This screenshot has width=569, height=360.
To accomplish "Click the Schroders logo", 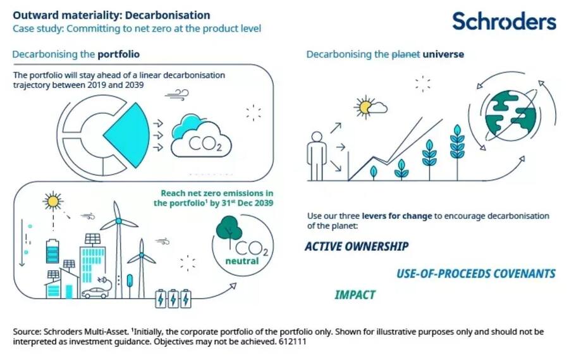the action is click(504, 21).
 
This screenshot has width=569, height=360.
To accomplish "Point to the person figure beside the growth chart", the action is click(317, 156).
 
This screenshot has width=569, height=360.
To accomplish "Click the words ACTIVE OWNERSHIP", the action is click(357, 246).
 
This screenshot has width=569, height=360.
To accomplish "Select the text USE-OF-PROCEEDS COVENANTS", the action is click(475, 273).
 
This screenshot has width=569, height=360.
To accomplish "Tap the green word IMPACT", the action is click(355, 295).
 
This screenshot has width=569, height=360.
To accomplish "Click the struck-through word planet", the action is click(406, 54).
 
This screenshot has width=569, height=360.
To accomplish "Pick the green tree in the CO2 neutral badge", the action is click(229, 230).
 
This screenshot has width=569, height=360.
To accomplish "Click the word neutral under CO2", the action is click(242, 261).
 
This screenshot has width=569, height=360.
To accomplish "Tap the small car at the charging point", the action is click(95, 293).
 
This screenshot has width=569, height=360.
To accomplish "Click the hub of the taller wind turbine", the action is click(118, 221).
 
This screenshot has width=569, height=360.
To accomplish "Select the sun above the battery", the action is click(53, 201).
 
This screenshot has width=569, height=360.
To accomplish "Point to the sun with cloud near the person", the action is click(370, 107).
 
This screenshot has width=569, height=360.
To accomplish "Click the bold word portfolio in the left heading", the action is click(119, 54).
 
